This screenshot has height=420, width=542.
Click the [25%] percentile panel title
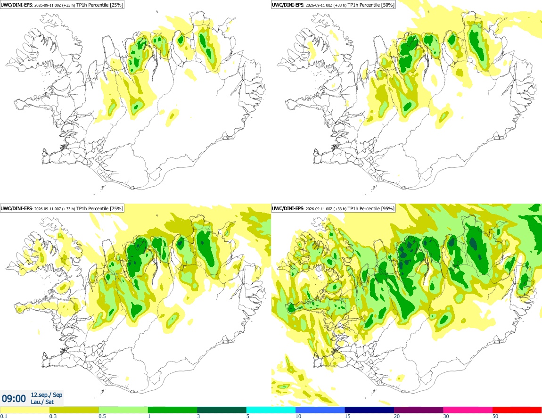point(62,5)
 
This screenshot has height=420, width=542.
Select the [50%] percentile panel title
point(333,5)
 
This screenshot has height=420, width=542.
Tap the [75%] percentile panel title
point(62,208)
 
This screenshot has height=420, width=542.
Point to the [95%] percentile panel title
point(333,208)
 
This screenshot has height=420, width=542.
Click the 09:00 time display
point(14,399)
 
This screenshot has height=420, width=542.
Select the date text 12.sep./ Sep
point(47,395)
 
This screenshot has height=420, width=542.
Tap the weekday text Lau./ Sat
point(42,402)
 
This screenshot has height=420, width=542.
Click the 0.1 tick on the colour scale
point(4,416)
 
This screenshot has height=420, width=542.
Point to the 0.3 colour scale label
point(53,416)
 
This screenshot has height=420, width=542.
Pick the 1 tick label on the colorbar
point(149,416)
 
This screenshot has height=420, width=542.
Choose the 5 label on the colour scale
point(248,416)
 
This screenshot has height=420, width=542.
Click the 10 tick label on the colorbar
point(298,416)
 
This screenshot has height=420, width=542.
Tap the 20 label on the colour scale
point(397,416)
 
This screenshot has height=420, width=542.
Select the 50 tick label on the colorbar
point(495,416)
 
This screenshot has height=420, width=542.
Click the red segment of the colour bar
point(517,410)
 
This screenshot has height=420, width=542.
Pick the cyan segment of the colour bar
point(271,410)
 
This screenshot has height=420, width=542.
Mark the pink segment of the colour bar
point(468,410)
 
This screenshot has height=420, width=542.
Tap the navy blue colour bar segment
point(370,410)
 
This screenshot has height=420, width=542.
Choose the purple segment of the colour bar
point(419,410)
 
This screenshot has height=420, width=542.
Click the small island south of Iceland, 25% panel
point(103,188)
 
